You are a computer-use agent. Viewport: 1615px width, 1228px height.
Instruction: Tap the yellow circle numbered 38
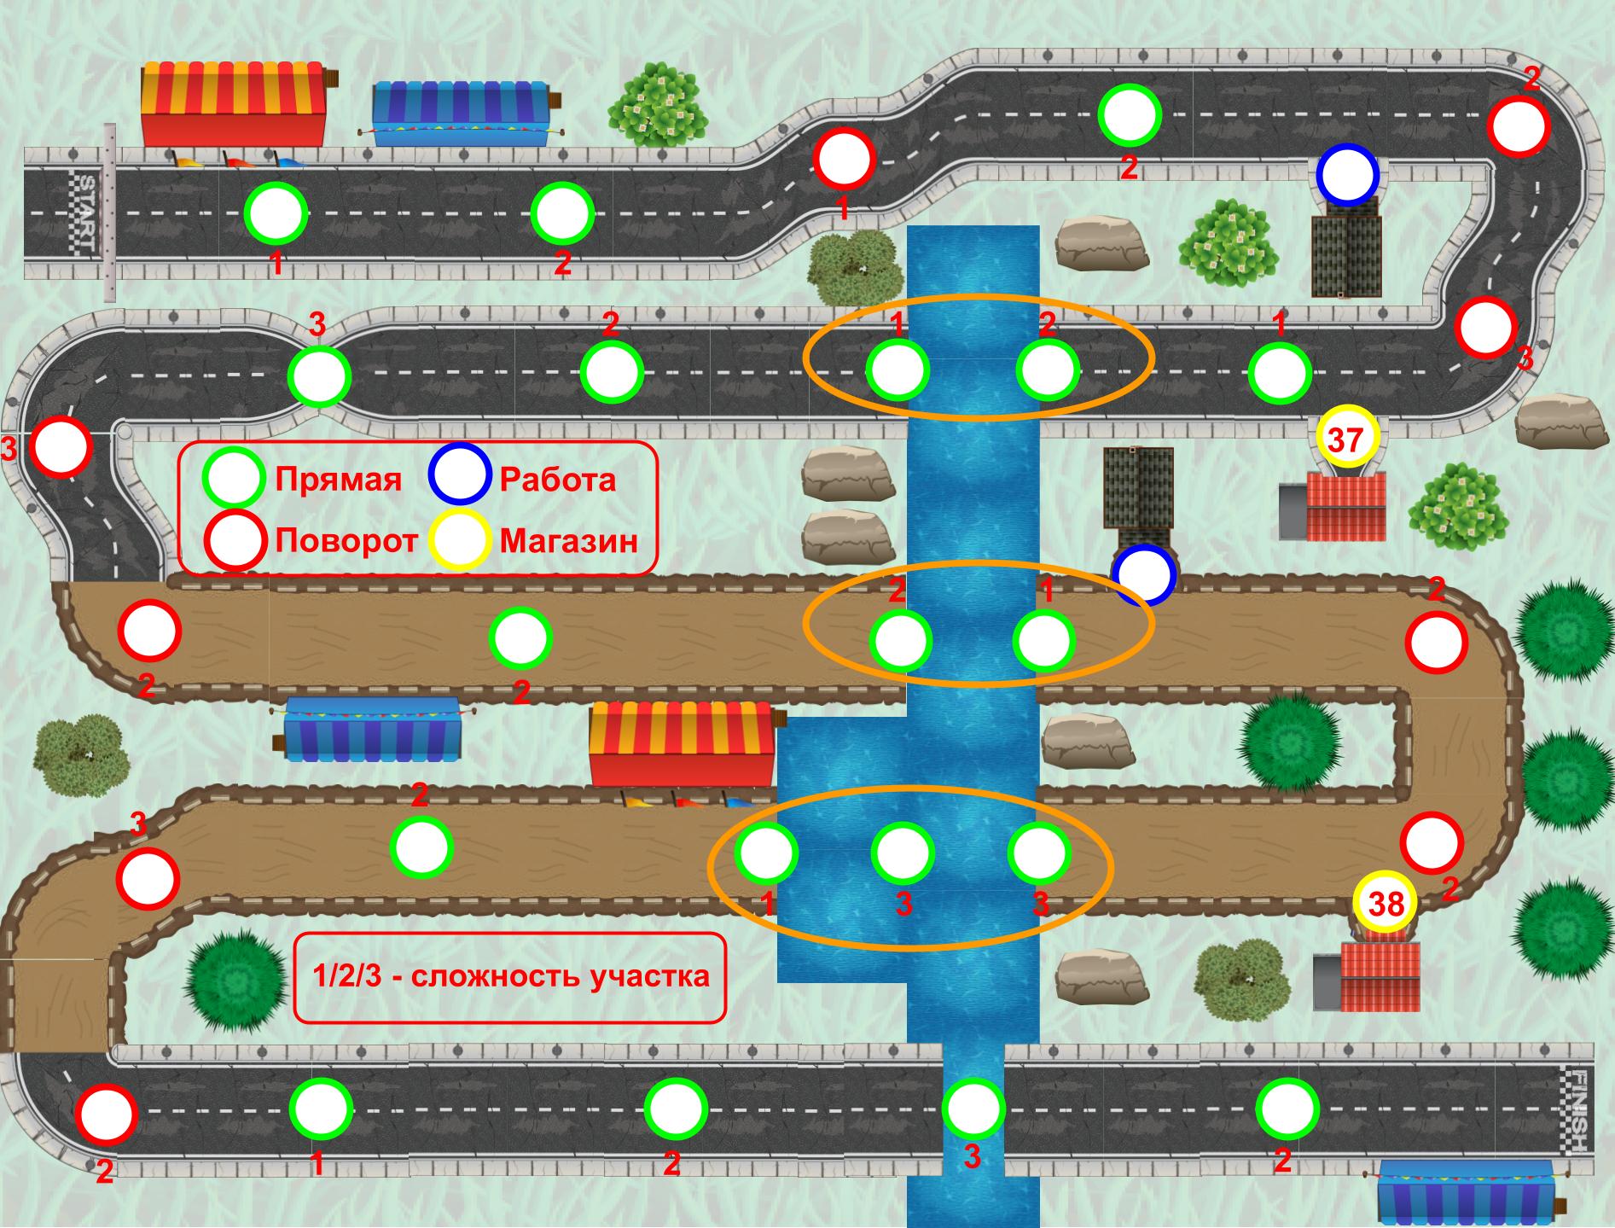(1385, 903)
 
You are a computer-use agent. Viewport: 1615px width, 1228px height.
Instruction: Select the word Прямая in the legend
(338, 480)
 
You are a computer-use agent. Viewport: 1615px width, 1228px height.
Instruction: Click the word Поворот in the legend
(346, 540)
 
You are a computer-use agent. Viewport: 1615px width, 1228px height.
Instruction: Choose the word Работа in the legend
(557, 480)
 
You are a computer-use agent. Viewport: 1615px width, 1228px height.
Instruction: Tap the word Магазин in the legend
(569, 541)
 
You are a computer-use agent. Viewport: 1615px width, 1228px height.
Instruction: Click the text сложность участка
(561, 975)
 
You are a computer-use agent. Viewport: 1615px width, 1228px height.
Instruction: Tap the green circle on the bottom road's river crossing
(973, 1108)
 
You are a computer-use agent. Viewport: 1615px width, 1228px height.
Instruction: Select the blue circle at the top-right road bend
(1347, 174)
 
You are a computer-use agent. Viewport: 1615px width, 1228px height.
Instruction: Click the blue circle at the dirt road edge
(1144, 575)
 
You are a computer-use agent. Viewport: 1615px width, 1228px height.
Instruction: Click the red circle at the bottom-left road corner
(106, 1114)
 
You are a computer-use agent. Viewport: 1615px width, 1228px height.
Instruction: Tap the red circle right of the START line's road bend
(844, 158)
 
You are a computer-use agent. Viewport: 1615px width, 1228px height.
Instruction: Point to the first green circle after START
(276, 213)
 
